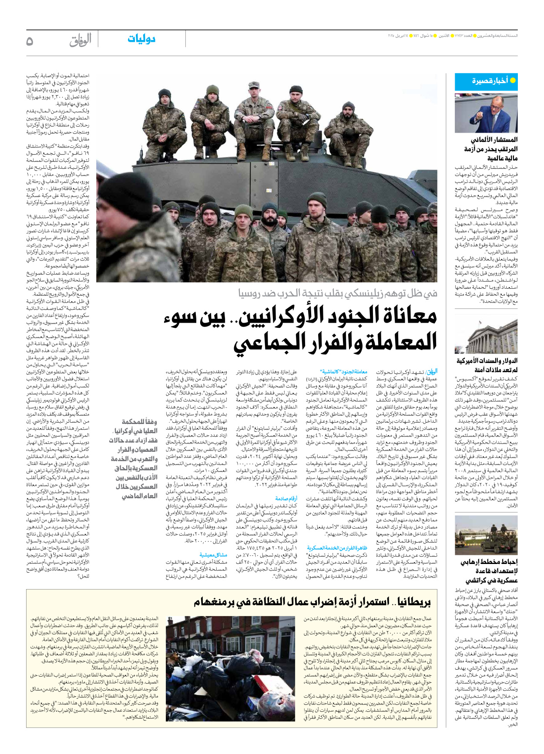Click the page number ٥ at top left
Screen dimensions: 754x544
[x=30, y=41]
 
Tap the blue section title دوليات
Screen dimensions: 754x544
[x=141, y=39]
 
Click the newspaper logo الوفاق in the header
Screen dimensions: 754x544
[x=81, y=40]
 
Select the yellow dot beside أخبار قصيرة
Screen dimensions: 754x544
[x=513, y=80]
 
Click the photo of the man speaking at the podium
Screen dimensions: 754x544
[x=486, y=112]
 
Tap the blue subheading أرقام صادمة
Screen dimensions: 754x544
[x=286, y=498]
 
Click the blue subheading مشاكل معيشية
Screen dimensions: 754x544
[x=213, y=555]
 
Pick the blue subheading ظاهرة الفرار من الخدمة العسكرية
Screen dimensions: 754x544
[x=337, y=548]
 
